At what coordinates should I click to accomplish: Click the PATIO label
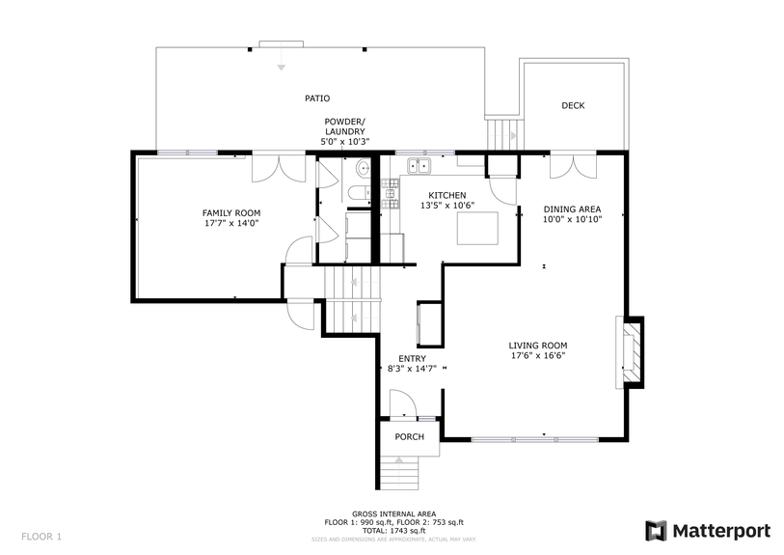317,98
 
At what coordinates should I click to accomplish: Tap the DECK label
573,106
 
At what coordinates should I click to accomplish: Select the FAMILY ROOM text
230,212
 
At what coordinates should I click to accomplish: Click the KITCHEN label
447,194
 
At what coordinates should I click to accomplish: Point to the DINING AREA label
572,208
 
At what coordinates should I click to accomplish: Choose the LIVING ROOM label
537,345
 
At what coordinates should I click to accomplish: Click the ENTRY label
412,358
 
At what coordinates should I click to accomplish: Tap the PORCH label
409,436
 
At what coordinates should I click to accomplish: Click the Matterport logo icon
656,530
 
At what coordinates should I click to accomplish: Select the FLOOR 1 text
41,536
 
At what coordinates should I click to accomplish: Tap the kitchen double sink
421,167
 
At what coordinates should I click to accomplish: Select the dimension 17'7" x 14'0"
230,223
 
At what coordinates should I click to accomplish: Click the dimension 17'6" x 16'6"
537,355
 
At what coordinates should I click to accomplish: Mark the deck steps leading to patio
500,130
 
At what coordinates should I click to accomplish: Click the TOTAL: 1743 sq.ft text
393,531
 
